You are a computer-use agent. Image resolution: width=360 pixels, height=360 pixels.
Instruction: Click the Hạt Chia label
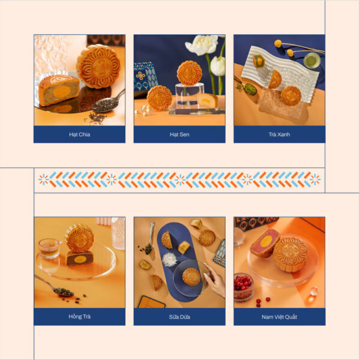point(79,134)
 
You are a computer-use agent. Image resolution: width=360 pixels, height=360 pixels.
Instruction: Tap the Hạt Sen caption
point(179,134)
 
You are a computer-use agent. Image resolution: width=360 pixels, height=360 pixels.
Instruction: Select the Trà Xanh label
point(279,134)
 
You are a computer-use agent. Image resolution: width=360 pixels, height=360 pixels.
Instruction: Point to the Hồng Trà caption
point(79,317)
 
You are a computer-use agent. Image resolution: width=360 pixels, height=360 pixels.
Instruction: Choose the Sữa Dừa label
point(179,317)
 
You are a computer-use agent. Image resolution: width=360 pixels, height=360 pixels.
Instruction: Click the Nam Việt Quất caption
point(279,317)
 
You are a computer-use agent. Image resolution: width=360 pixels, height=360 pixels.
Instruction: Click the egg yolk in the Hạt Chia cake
point(62,91)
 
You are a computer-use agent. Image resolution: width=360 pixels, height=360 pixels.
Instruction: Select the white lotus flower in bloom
point(202,44)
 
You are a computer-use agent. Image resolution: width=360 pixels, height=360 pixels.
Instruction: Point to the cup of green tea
point(312,60)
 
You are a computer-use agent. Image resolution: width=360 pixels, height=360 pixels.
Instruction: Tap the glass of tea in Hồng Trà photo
point(49,248)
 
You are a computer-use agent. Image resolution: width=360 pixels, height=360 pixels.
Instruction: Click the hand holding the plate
point(215,280)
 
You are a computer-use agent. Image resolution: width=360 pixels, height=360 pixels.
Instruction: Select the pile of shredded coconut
point(170,259)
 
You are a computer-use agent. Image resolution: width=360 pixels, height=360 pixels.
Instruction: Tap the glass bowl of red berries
point(244,287)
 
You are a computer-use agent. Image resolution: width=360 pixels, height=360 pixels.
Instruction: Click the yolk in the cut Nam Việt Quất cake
point(266,242)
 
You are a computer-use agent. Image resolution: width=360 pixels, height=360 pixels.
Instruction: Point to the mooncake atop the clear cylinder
point(190,73)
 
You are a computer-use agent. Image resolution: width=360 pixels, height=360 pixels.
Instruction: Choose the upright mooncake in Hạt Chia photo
point(98,66)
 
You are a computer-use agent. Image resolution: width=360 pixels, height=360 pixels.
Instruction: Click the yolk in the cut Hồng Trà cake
point(80,259)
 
